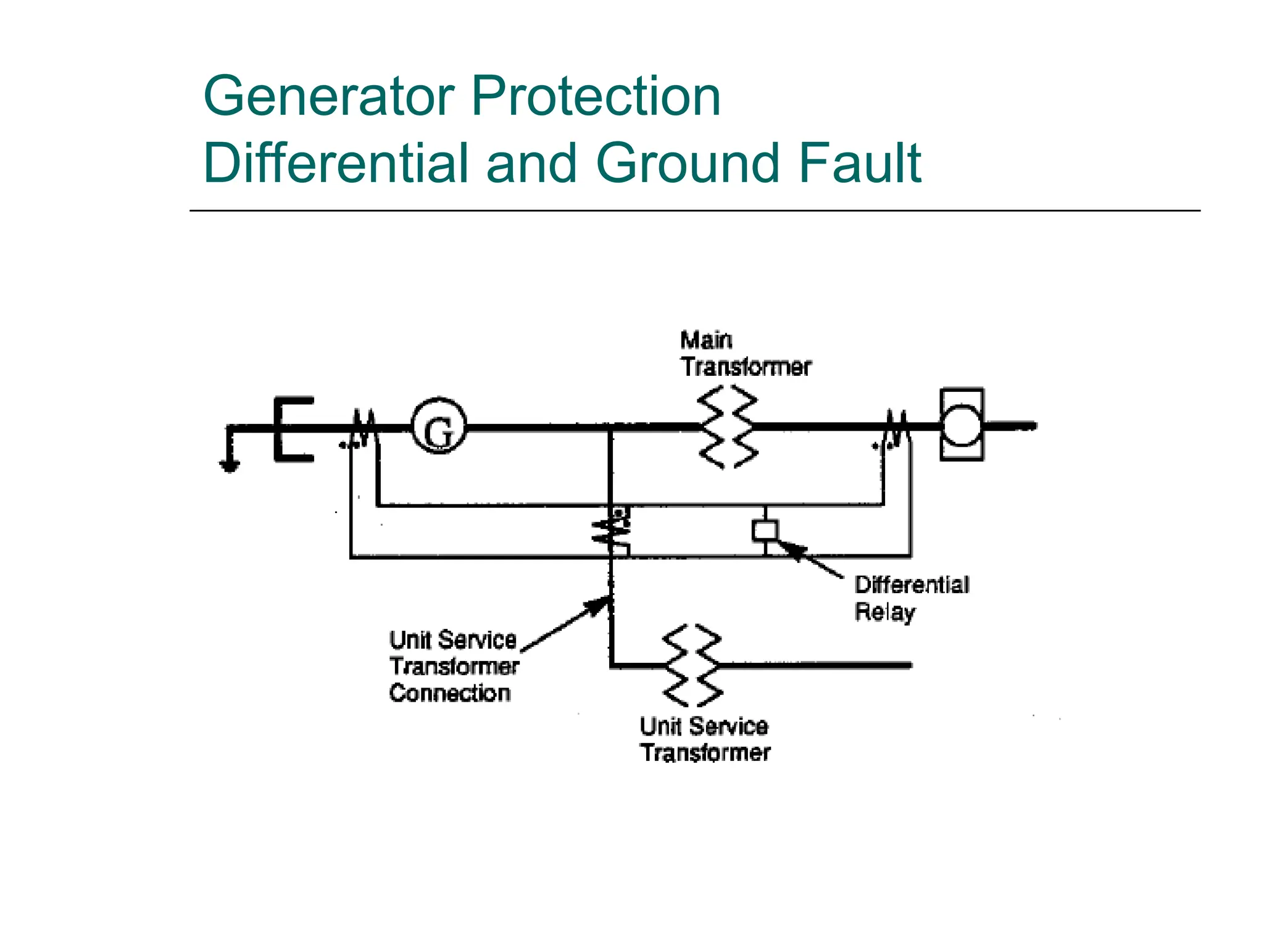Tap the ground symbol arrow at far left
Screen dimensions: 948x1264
coord(230,465)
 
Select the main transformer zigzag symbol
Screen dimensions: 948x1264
coord(728,426)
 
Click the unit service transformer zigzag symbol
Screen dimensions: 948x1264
coord(692,665)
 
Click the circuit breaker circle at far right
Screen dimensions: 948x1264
coord(962,425)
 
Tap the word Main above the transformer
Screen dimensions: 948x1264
coord(706,340)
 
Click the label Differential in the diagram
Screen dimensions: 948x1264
coord(912,584)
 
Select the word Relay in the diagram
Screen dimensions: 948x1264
coord(884,612)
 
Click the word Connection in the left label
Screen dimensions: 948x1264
coord(450,693)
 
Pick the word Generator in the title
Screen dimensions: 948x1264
coord(329,96)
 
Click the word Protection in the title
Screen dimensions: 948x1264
coord(596,96)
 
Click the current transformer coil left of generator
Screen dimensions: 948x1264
coord(364,427)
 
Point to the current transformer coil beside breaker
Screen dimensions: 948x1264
coord(897,427)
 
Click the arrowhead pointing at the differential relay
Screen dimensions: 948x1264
coord(791,548)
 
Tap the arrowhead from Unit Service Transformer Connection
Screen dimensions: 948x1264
coord(598,605)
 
